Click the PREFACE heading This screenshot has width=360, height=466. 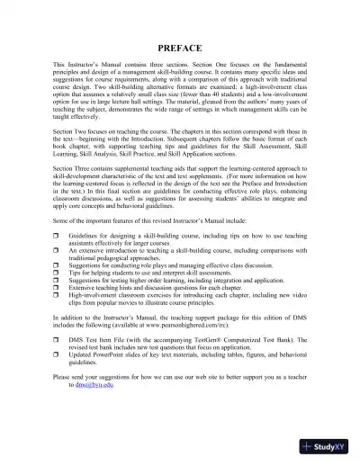pyautogui.click(x=179, y=46)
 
